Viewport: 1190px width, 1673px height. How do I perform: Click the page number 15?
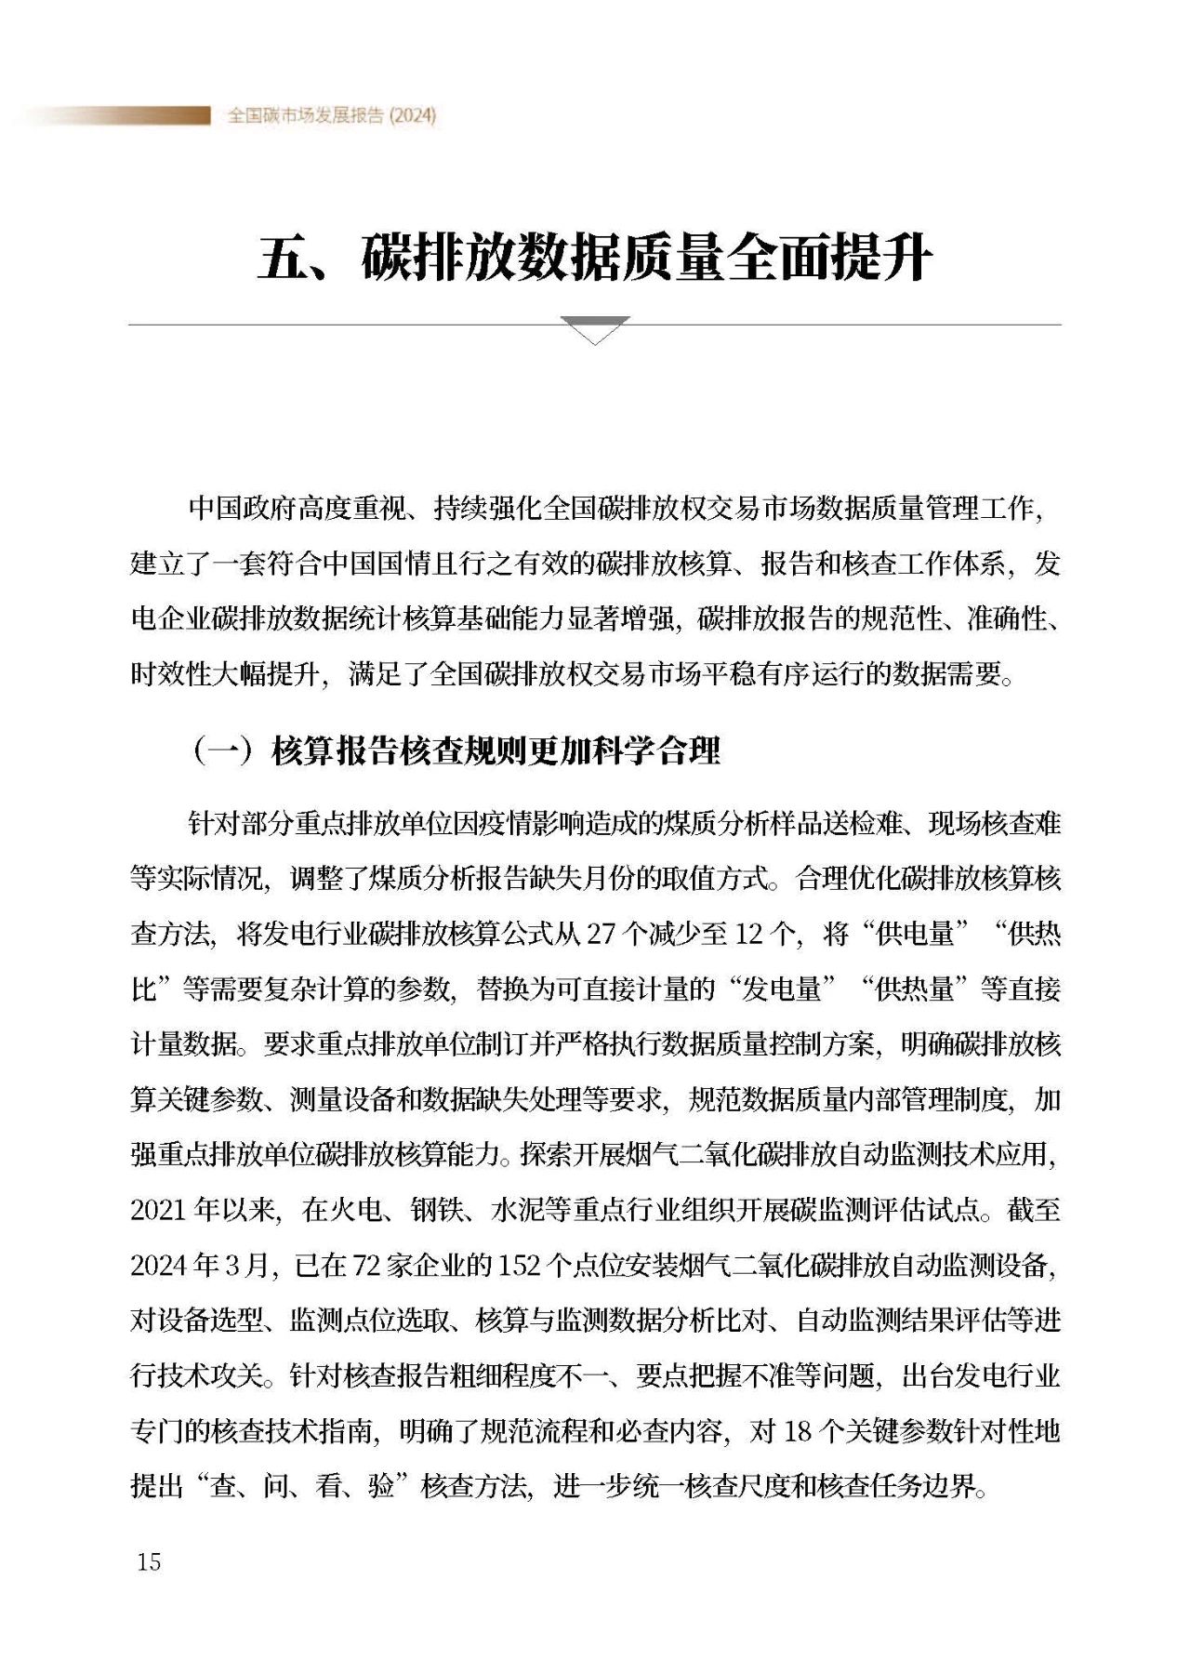[149, 1561]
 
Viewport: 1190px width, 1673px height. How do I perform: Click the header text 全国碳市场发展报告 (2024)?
[332, 115]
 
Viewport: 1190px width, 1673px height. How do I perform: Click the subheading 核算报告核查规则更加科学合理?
[496, 750]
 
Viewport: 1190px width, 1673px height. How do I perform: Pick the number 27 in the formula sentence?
[600, 934]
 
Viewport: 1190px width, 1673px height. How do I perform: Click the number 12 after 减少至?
[747, 934]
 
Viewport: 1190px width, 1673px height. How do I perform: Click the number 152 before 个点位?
[519, 1265]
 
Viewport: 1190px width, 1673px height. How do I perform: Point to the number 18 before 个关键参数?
[798, 1431]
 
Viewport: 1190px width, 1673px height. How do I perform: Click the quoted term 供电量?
[916, 934]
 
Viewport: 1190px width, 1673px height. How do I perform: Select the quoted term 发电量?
[782, 989]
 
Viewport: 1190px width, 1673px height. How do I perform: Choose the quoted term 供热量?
[916, 989]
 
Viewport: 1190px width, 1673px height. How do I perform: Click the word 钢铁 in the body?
[438, 1210]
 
